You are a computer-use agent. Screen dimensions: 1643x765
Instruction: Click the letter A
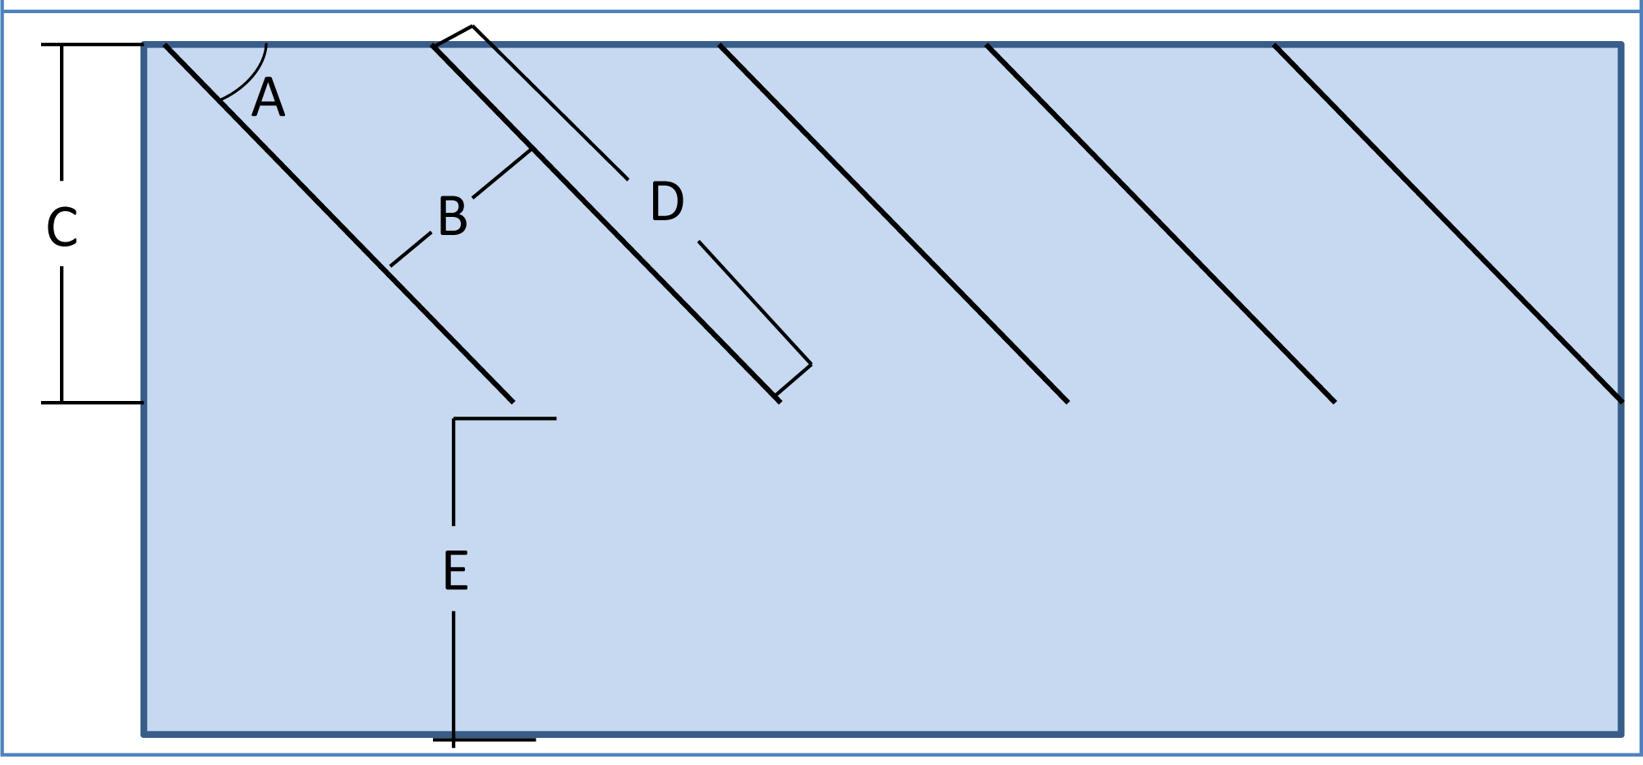tap(269, 99)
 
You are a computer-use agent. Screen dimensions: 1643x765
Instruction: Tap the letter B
tap(453, 218)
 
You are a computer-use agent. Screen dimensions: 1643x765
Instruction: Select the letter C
tap(62, 228)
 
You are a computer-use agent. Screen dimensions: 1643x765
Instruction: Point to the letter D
tap(666, 202)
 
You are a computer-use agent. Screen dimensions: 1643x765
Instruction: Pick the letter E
tap(455, 571)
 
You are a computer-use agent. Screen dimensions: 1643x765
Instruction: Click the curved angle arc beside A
tap(251, 78)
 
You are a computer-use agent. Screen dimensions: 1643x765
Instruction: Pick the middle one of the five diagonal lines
tap(894, 224)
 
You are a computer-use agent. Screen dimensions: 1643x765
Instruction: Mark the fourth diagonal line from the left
tap(1161, 224)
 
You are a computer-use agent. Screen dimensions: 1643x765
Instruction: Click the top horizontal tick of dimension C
tap(92, 44)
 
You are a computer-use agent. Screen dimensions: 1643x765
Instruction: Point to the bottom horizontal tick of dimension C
tap(92, 403)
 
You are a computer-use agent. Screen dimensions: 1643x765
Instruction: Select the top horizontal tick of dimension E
tap(505, 419)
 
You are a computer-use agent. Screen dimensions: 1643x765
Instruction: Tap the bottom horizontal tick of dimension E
tap(485, 740)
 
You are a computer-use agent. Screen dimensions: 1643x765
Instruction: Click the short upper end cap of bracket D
tap(453, 35)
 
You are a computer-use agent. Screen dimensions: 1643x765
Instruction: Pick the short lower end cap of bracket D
tap(794, 380)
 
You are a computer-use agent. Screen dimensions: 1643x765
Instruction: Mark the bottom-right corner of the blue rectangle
tap(1621, 733)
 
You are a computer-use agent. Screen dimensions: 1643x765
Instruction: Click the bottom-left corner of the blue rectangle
tap(145, 733)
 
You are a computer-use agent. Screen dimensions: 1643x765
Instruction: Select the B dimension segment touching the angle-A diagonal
tap(410, 250)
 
